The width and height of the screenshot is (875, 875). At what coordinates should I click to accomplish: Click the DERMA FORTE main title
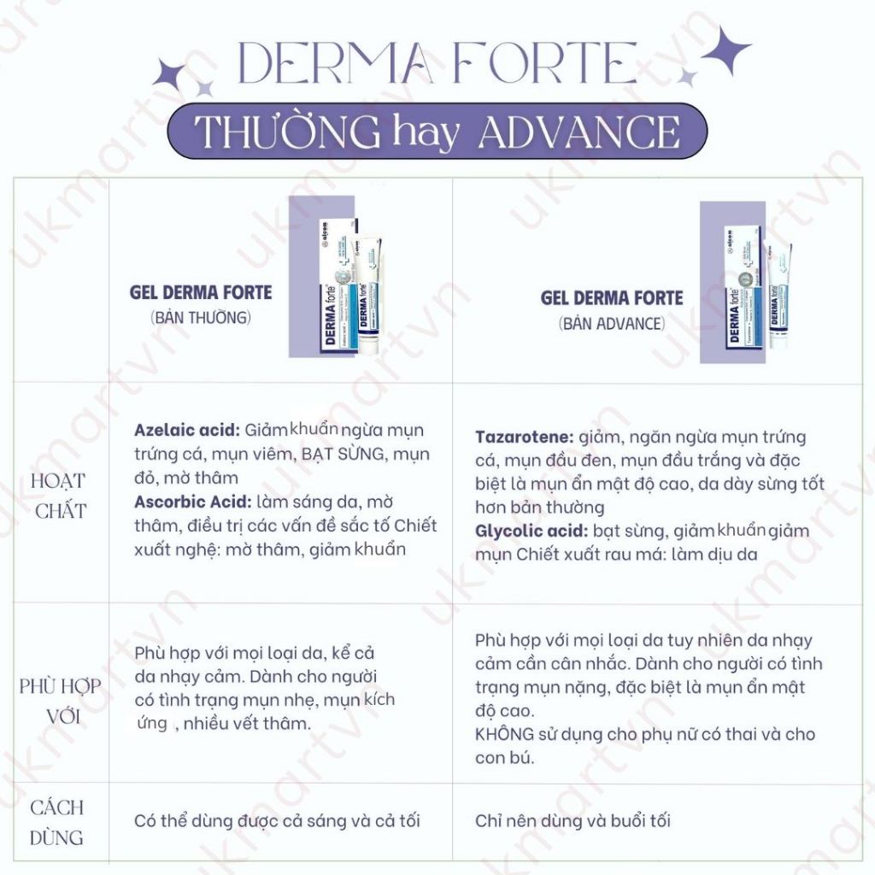(x=437, y=65)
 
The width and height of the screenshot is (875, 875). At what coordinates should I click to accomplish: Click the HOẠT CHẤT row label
(x=58, y=496)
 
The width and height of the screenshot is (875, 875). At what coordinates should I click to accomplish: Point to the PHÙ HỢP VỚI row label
(x=60, y=701)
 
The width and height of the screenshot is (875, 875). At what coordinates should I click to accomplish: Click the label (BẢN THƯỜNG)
(x=201, y=318)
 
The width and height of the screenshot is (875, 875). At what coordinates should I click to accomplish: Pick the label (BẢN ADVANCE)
(x=612, y=324)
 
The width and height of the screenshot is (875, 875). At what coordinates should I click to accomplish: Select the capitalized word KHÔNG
(x=504, y=734)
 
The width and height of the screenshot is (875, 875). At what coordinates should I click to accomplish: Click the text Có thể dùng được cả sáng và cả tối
(x=277, y=821)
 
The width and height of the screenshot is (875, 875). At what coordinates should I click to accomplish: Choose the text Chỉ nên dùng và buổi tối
(x=573, y=821)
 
